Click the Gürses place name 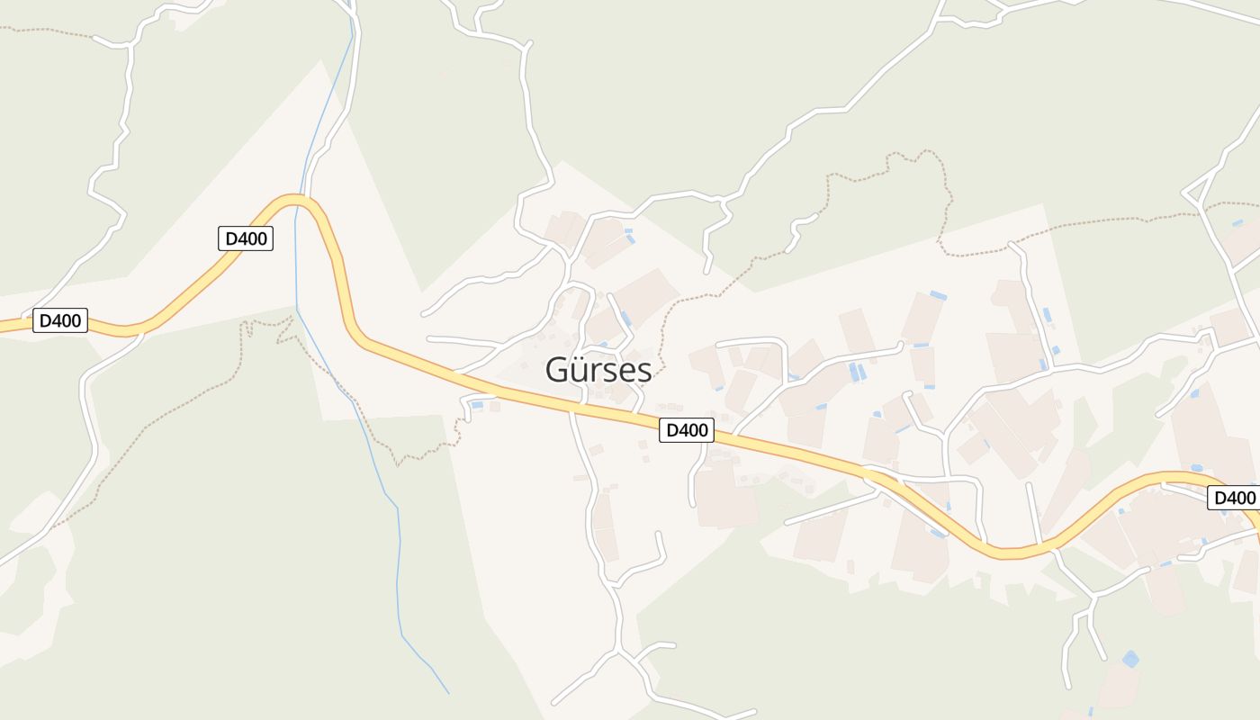(598, 370)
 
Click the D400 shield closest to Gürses (687, 430)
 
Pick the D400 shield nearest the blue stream (245, 238)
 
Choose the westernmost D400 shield (60, 320)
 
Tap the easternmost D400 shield (1234, 498)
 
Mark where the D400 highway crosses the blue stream (297, 199)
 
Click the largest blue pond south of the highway (1130, 659)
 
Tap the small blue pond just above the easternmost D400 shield (1196, 468)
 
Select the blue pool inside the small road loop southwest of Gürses (477, 406)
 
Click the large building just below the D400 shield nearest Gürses (724, 495)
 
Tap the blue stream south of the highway (396, 558)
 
